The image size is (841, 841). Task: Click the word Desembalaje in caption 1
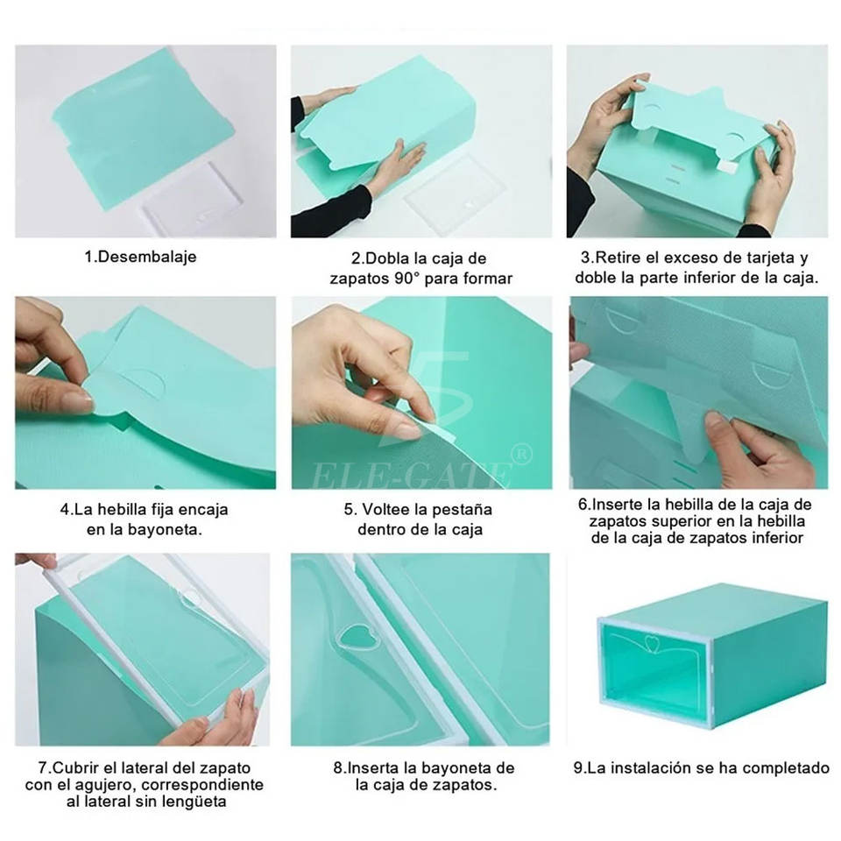(x=147, y=257)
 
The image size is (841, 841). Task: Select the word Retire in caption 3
(x=618, y=258)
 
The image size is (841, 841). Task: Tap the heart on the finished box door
(x=652, y=642)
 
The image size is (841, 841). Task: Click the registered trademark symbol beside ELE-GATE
(x=522, y=455)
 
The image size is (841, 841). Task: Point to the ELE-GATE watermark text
(x=410, y=475)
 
